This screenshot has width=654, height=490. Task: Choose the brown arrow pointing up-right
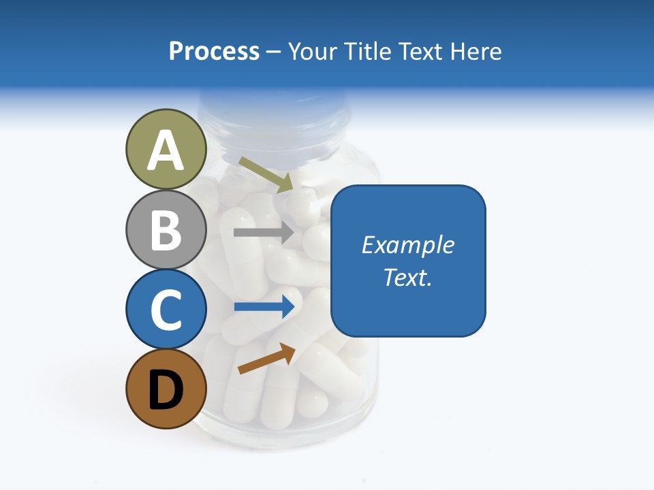click(266, 359)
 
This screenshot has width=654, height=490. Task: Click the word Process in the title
click(214, 51)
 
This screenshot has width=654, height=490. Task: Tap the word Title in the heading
click(364, 51)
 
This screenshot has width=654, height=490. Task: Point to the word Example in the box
click(408, 244)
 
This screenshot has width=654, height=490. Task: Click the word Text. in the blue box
click(408, 277)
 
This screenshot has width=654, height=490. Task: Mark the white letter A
click(166, 150)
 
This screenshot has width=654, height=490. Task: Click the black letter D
click(166, 390)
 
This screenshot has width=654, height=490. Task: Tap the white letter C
click(166, 310)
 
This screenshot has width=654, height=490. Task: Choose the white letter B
click(166, 230)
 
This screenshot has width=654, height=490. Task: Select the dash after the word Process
click(274, 52)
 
